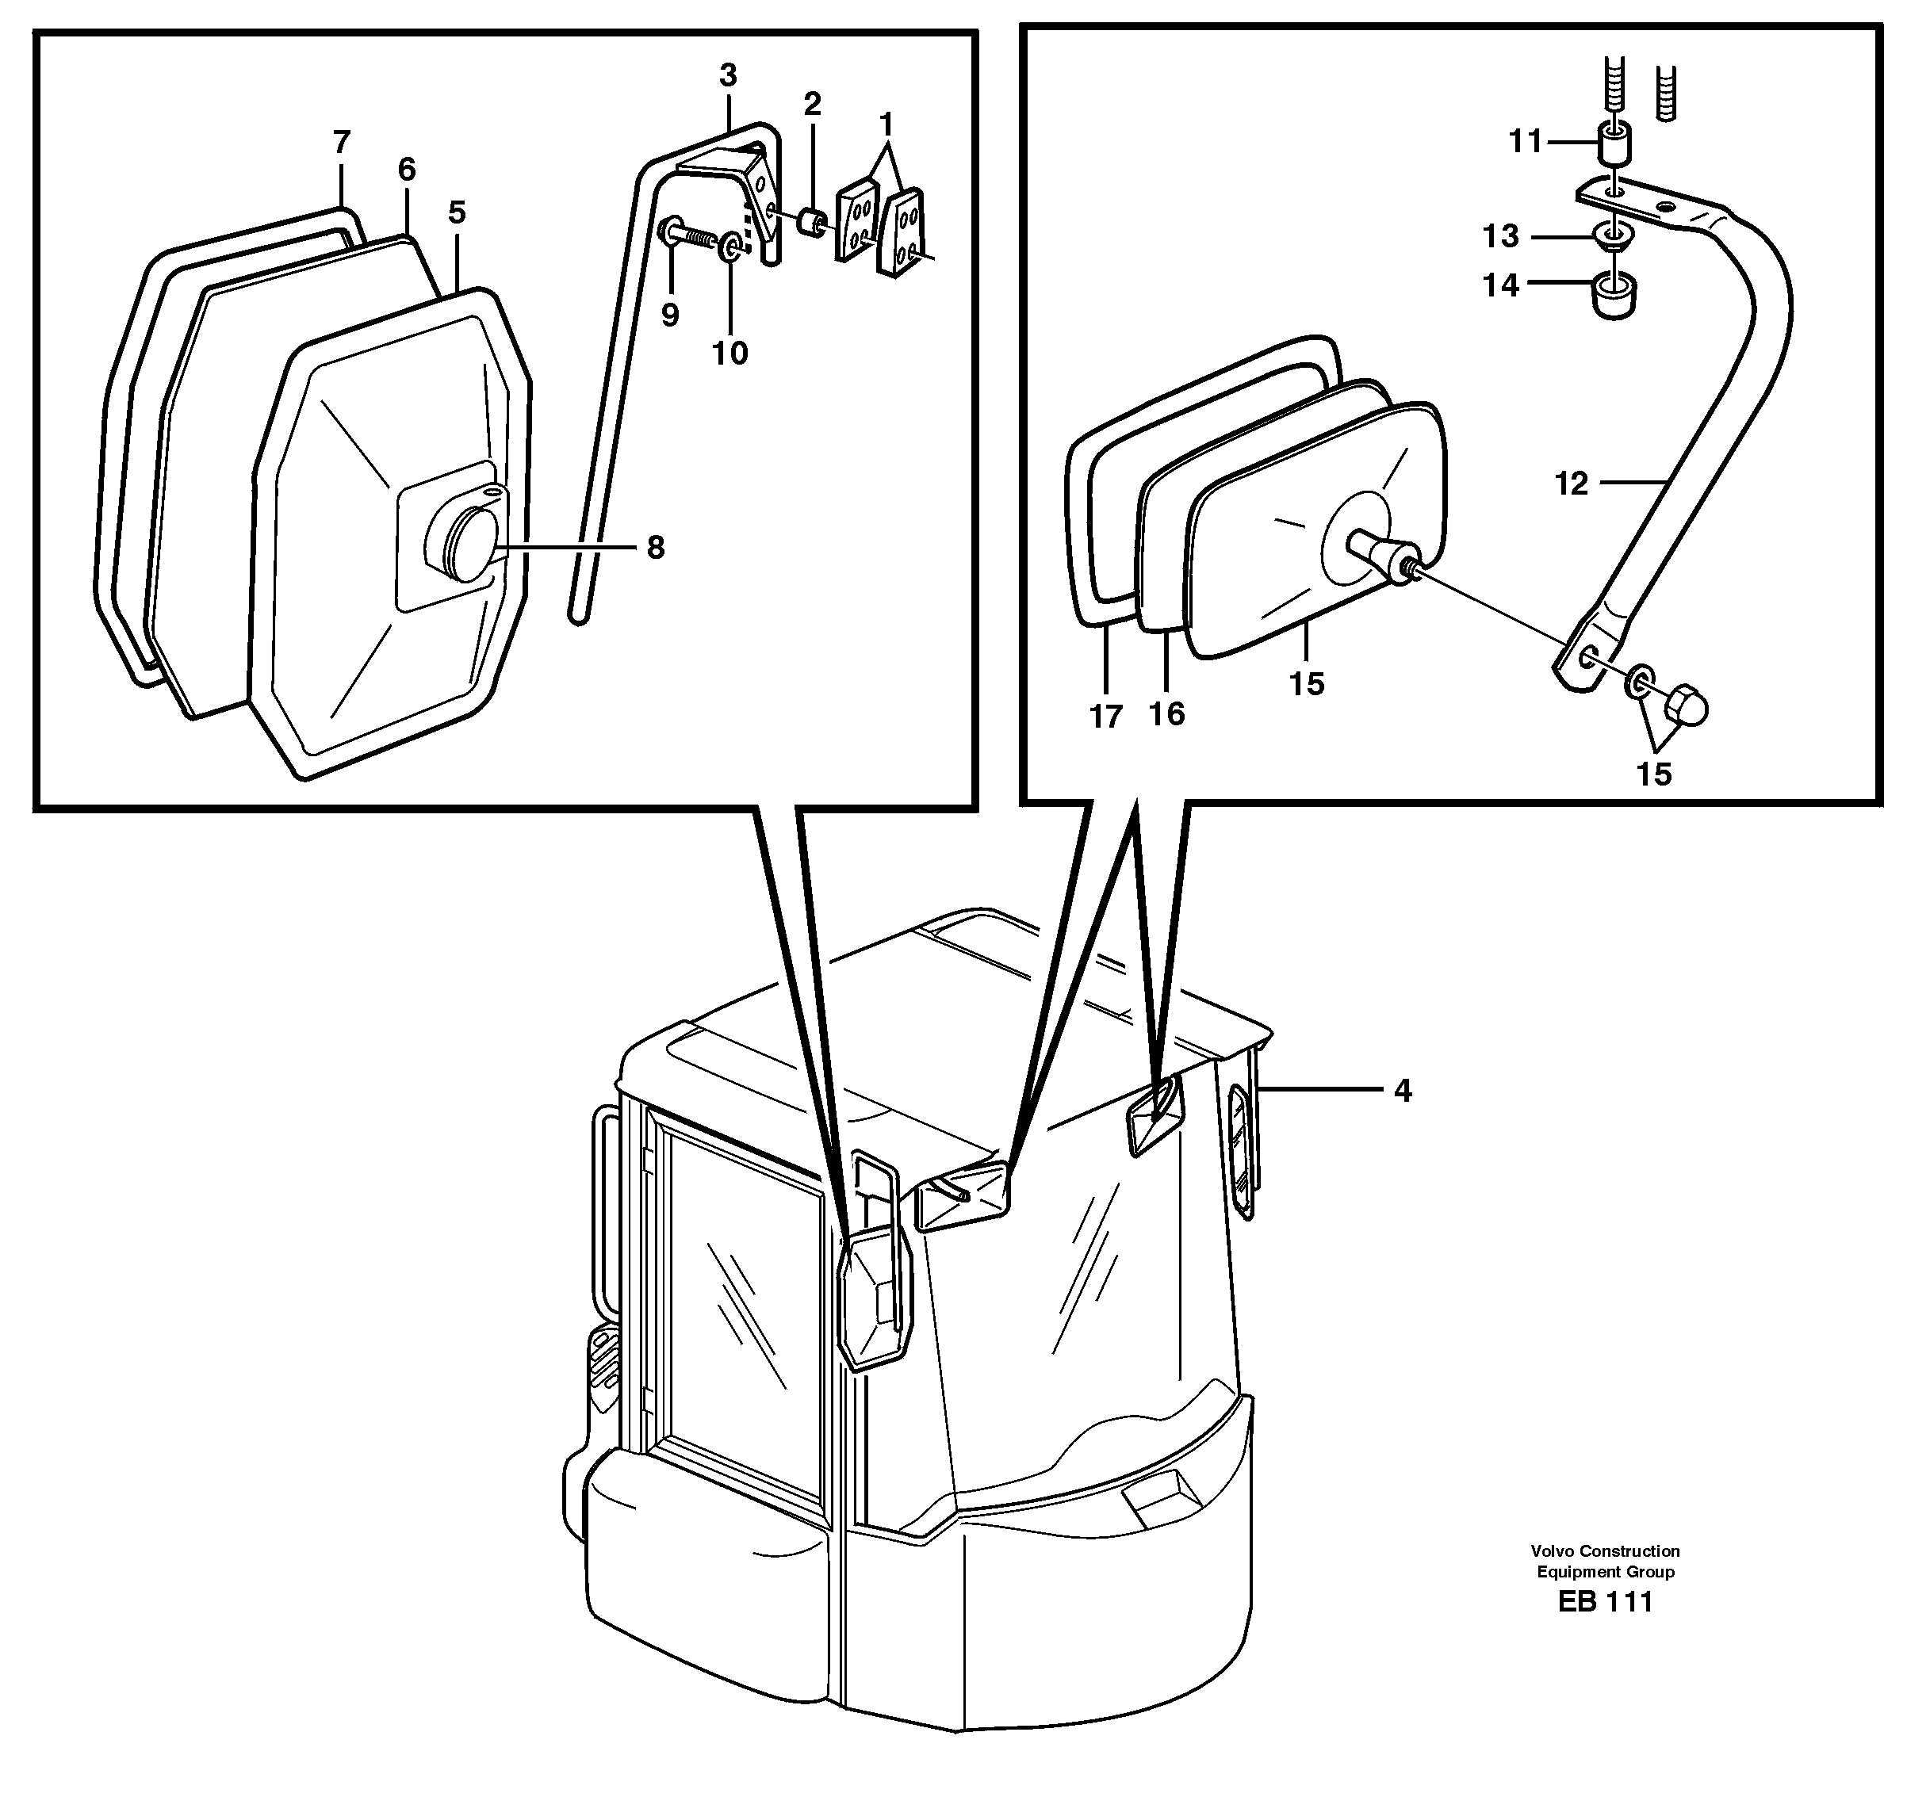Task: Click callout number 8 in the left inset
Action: pyautogui.click(x=655, y=549)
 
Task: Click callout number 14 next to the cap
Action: pyautogui.click(x=1501, y=285)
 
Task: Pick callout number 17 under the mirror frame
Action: pyautogui.click(x=1105, y=717)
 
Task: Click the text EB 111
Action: pyautogui.click(x=1605, y=1601)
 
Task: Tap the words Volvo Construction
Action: pyautogui.click(x=1605, y=1550)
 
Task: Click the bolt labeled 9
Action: pyautogui.click(x=687, y=235)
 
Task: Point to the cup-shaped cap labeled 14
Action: pyautogui.click(x=1614, y=297)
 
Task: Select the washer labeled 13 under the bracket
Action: pyautogui.click(x=1613, y=235)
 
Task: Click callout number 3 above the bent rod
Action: pyautogui.click(x=728, y=75)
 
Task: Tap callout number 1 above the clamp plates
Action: pyautogui.click(x=886, y=124)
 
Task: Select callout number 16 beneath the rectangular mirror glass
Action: pyautogui.click(x=1166, y=713)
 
